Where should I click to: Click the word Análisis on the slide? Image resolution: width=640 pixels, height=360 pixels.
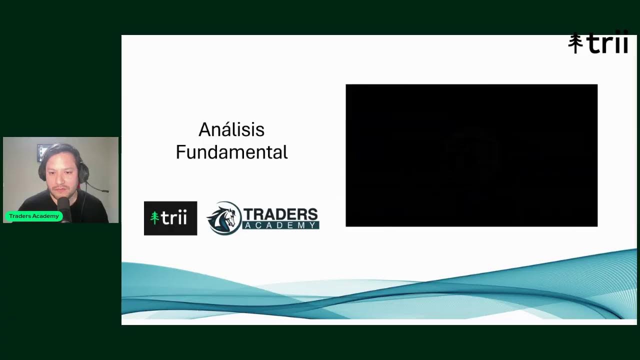click(x=231, y=130)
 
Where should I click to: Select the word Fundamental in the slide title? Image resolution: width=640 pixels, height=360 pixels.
click(x=231, y=152)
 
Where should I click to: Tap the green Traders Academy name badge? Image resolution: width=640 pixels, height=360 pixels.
click(x=33, y=216)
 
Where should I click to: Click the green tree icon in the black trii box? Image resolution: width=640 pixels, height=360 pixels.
click(x=154, y=218)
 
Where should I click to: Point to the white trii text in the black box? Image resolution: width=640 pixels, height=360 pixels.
click(x=174, y=218)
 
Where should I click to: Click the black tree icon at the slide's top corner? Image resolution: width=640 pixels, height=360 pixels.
click(x=575, y=43)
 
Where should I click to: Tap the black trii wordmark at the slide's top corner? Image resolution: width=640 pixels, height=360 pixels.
click(x=607, y=43)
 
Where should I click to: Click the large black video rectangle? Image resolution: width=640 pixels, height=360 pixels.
click(x=471, y=155)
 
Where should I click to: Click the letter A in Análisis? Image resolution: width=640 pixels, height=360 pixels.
click(x=204, y=130)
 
